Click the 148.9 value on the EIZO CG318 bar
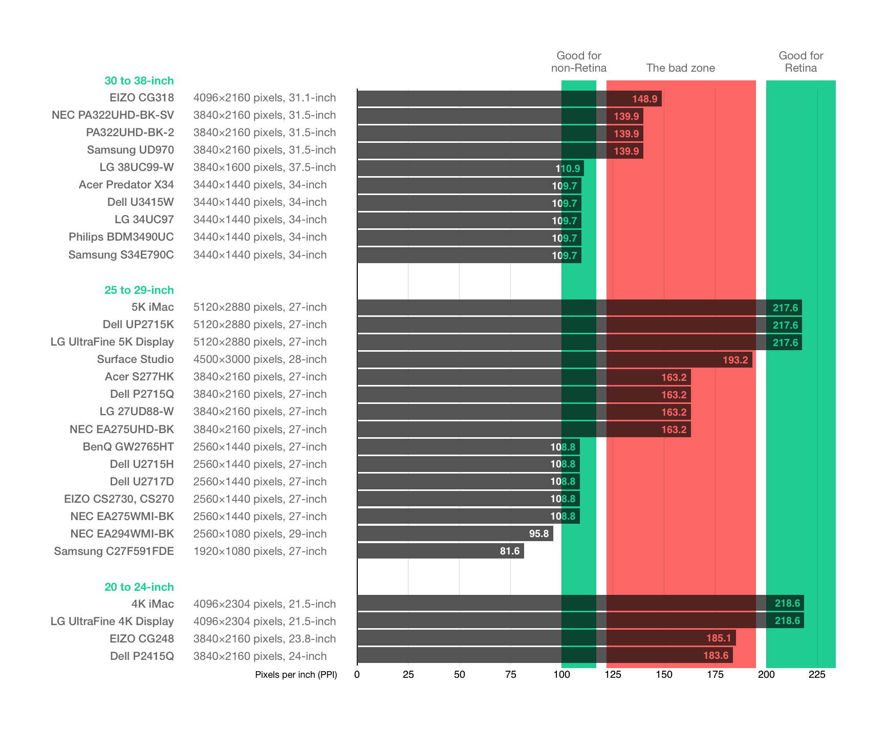point(644,99)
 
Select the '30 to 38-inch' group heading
point(139,81)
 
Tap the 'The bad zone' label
point(680,68)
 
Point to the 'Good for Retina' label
point(801,62)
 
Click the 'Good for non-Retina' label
point(578,62)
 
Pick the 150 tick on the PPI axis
point(664,675)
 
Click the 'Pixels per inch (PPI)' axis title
point(296,675)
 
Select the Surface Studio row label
point(135,359)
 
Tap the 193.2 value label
point(735,360)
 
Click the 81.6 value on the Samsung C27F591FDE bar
point(509,551)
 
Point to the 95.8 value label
point(538,534)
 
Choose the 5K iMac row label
point(153,307)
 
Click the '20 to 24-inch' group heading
point(139,587)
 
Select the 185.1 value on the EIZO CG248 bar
point(718,638)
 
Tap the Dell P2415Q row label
point(142,656)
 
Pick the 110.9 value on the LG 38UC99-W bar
point(568,168)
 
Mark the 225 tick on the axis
point(817,675)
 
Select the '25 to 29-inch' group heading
point(139,290)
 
